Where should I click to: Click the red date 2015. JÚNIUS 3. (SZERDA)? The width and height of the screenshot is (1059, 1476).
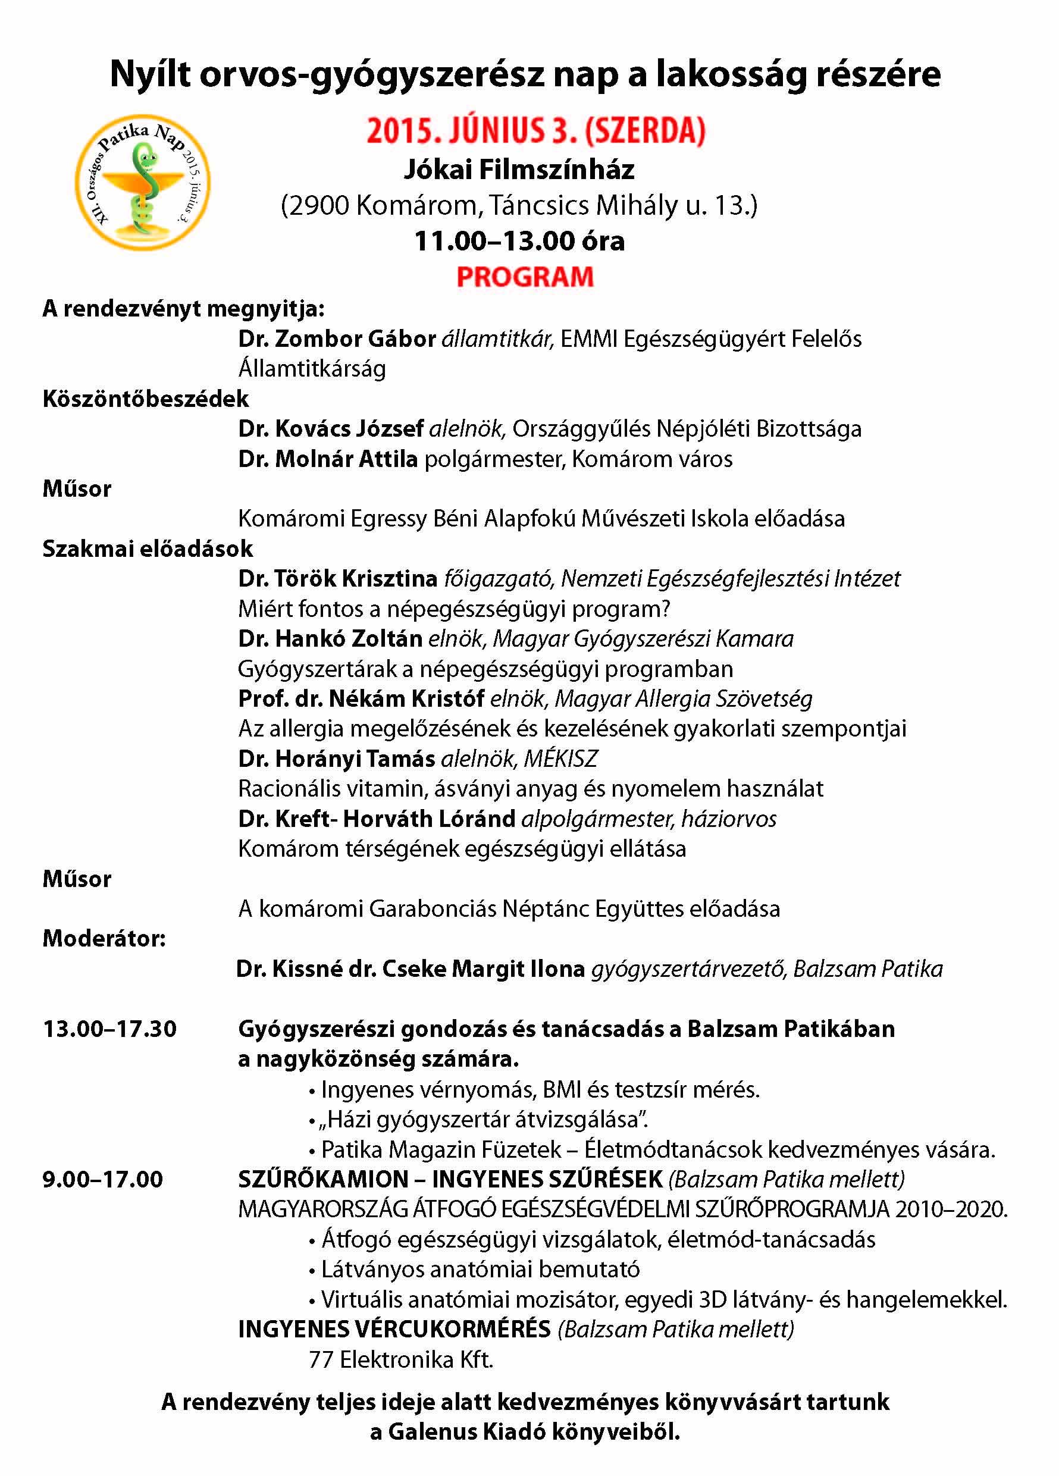(535, 131)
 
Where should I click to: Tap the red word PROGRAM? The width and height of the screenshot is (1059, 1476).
(525, 277)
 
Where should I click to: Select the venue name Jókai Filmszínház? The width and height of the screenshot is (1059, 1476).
(519, 170)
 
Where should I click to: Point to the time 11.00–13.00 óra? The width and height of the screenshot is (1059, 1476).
(519, 242)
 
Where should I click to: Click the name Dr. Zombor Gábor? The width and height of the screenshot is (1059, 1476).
(337, 339)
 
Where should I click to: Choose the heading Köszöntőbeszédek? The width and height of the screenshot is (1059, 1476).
(146, 398)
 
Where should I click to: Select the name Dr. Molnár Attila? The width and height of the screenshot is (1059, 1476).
(327, 459)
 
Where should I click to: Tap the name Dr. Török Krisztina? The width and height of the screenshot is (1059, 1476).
(337, 578)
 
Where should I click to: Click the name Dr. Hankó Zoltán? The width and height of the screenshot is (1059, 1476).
(330, 638)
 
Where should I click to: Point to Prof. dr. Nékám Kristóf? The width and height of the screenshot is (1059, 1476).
(361, 698)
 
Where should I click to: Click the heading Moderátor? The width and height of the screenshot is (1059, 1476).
(104, 938)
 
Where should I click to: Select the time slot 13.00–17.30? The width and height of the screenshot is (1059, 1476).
(109, 1029)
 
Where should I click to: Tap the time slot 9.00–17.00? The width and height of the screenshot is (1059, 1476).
(103, 1179)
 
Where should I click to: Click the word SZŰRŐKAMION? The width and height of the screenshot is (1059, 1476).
(324, 1179)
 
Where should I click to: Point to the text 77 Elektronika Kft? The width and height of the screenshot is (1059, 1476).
(401, 1359)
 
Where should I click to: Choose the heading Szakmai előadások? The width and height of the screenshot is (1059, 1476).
(148, 549)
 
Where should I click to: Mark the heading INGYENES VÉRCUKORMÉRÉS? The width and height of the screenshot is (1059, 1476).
(394, 1329)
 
